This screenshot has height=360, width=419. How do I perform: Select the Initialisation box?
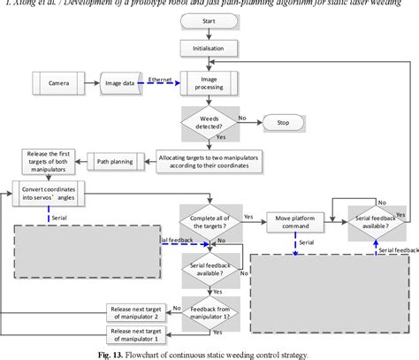pyautogui.click(x=209, y=47)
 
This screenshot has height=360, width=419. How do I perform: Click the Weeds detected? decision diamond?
pyautogui.click(x=209, y=120)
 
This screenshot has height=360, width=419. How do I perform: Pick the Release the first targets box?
pyautogui.click(x=50, y=162)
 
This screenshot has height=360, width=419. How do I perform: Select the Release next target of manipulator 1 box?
pyautogui.click(x=133, y=334)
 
